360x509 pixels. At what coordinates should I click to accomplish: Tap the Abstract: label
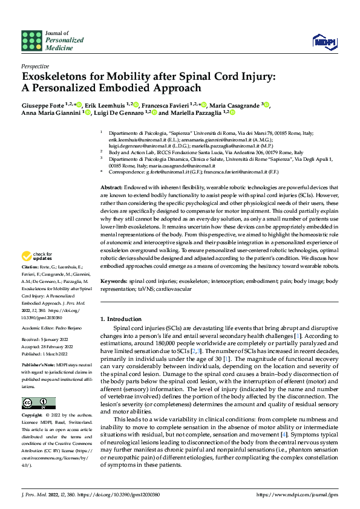pyautogui.click(x=111, y=172)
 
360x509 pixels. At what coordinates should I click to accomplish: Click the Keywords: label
pyautogui.click(x=114, y=282)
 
